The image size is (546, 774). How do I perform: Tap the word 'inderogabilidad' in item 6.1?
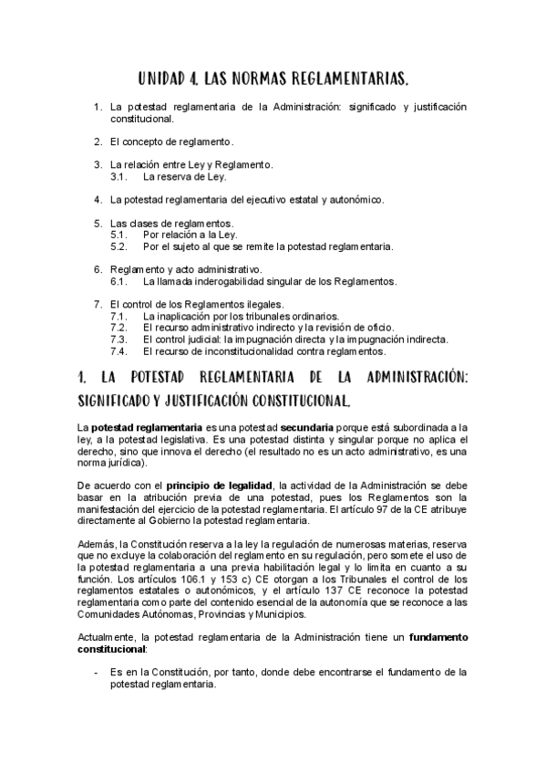coord(235,281)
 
